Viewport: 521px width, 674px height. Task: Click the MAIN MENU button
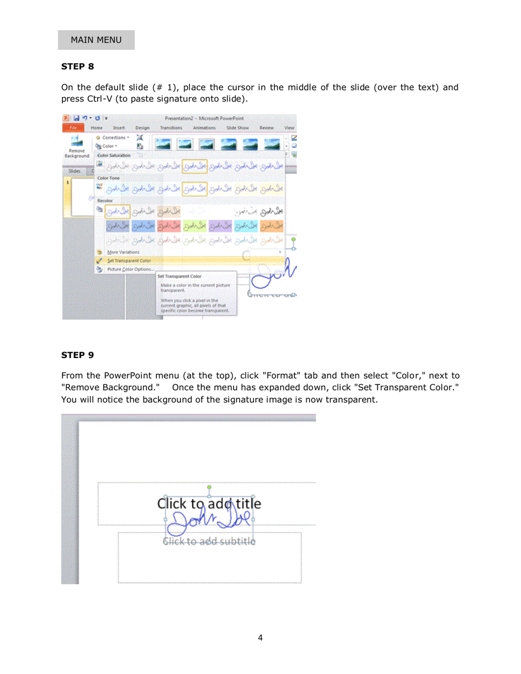click(96, 40)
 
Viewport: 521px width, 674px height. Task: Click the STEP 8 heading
click(77, 66)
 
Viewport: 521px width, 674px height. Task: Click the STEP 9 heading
click(77, 355)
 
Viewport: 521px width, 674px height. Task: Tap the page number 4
click(260, 637)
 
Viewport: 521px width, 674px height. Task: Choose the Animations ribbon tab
click(205, 128)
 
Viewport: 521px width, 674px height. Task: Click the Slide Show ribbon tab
click(238, 128)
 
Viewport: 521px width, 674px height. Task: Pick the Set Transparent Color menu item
click(129, 260)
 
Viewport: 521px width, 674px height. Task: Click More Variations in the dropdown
click(123, 252)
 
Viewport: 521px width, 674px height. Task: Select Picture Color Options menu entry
click(131, 269)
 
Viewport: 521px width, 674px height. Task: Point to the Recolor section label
click(105, 201)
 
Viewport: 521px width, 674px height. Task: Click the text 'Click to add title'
click(209, 503)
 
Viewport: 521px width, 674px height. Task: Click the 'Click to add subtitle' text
click(209, 542)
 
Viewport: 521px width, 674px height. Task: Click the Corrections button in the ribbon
click(114, 138)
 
